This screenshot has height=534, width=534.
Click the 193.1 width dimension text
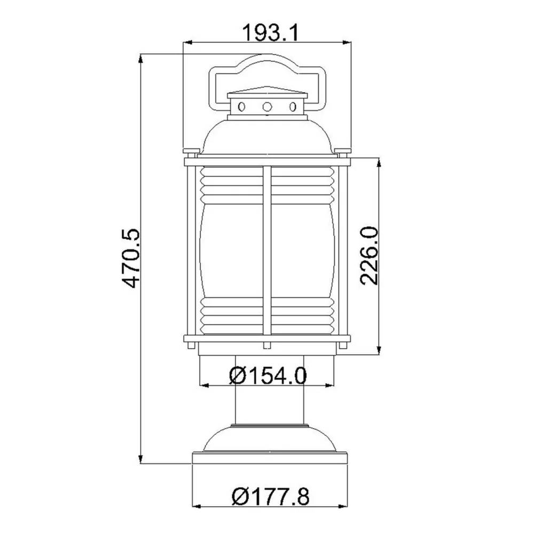tap(270, 33)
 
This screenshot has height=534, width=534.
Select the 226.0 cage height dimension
tap(369, 255)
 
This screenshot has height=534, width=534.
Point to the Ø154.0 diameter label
tap(268, 375)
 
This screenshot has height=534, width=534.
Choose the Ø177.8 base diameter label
tap(271, 497)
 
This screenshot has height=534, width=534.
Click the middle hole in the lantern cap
tap(268, 107)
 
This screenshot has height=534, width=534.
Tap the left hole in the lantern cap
tap(241, 107)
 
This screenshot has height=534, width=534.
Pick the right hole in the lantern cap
tap(293, 107)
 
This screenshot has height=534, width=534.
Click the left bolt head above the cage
tap(191, 151)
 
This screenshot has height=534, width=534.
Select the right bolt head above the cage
tap(343, 151)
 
